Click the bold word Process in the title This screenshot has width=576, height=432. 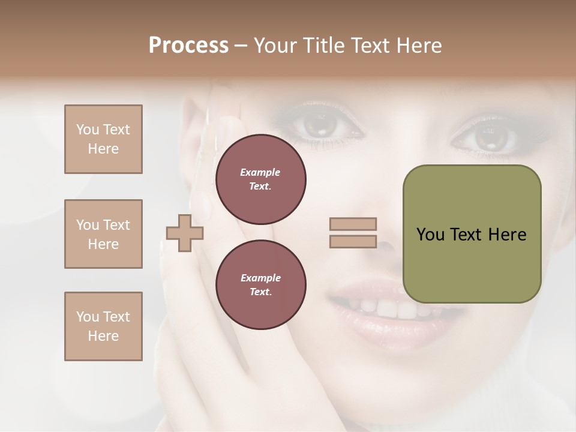coord(188,46)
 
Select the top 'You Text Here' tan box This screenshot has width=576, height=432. coord(103,139)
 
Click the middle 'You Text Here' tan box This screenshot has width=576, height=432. coord(103,234)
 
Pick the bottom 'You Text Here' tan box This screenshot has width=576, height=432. coord(103,326)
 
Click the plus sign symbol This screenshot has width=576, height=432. coord(185,233)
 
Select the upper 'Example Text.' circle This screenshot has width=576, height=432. coord(260,179)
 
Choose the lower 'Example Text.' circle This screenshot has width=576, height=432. coord(260,285)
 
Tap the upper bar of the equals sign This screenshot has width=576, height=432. coord(353,224)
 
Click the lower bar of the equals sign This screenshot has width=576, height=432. coord(353,242)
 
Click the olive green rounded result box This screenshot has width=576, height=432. coord(472,234)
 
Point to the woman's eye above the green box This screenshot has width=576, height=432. coord(487,137)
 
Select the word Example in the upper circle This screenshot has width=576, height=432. coord(260,172)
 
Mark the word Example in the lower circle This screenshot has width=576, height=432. coord(260,278)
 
